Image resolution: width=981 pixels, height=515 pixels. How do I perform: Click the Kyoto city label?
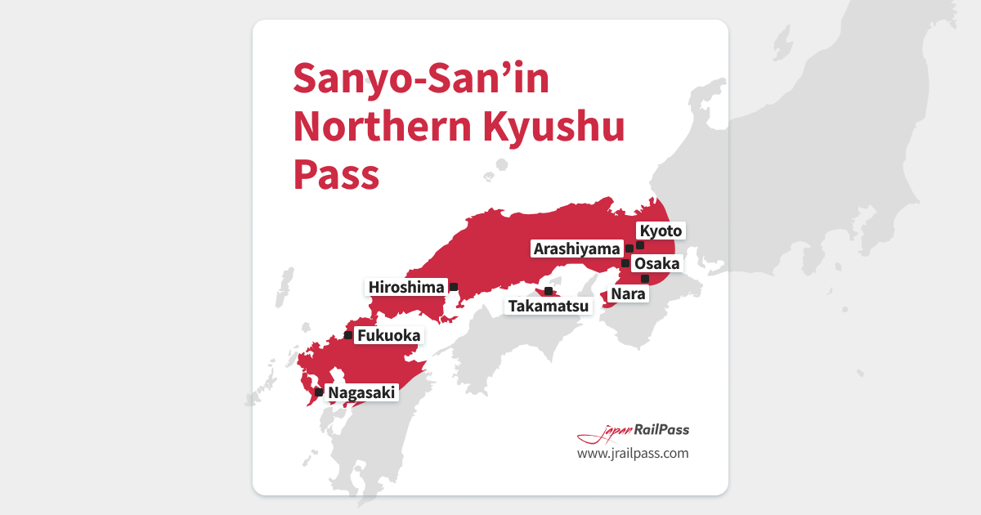[x=660, y=231]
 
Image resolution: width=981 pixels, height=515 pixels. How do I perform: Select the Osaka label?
[x=656, y=263]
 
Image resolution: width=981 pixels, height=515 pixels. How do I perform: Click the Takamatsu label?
[x=549, y=307]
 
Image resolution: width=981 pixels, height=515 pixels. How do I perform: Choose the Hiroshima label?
[x=406, y=287]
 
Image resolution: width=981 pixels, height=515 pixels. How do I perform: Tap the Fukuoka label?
[x=388, y=335]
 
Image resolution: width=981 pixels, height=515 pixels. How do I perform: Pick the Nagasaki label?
[x=362, y=393]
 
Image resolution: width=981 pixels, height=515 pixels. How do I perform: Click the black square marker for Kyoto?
[x=640, y=244]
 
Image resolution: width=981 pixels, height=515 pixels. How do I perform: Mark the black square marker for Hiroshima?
[x=454, y=287]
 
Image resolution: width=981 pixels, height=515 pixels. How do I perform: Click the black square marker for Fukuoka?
[x=348, y=335]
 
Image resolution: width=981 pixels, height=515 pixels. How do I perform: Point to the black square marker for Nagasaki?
[x=319, y=392]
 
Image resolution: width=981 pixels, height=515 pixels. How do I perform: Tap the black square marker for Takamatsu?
[x=548, y=291]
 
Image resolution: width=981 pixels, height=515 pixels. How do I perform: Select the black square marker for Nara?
[x=645, y=279]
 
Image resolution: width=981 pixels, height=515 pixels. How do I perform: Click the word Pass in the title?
[x=336, y=174]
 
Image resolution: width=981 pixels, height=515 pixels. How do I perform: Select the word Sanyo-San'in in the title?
[x=421, y=79]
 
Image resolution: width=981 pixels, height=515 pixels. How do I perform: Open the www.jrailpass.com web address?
[x=633, y=453]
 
